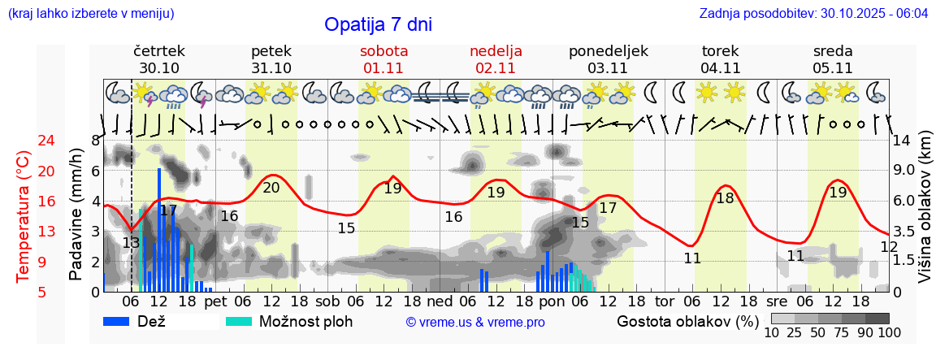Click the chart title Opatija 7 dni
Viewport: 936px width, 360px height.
[378, 24]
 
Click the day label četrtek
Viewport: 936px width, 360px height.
[159, 51]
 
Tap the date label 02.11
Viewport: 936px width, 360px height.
[496, 68]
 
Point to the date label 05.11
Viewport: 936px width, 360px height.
[832, 68]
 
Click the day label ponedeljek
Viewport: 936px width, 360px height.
[609, 51]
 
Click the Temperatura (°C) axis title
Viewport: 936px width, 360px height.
[25, 216]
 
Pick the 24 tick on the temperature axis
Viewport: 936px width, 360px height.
[24, 141]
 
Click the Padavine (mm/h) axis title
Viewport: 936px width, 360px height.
[76, 215]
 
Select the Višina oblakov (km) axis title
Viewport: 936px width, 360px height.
[925, 215]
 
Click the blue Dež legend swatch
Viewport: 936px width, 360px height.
[122, 321]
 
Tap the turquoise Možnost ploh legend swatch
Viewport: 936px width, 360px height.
[240, 321]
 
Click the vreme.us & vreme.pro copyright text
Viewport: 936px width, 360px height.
[475, 322]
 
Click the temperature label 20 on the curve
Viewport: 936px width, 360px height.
[271, 188]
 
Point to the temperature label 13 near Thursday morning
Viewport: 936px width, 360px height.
[131, 242]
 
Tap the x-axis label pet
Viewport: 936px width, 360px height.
[215, 301]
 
